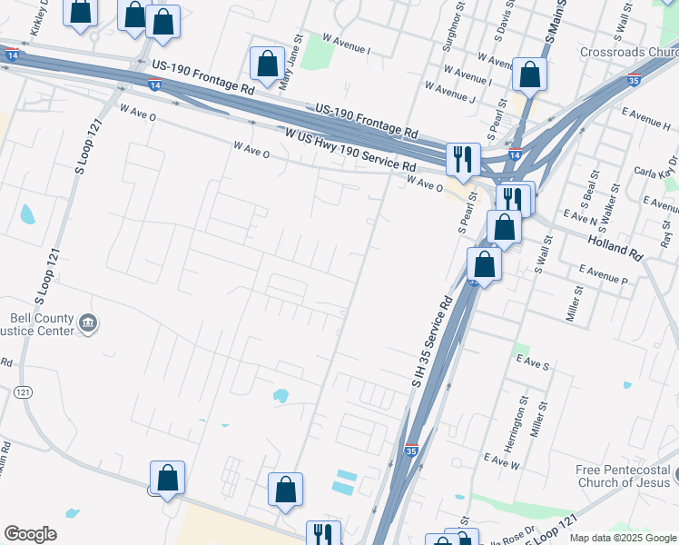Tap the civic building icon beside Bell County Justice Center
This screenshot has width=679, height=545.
coord(88,323)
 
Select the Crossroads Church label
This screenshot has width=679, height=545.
coord(629,52)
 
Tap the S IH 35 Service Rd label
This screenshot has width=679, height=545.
coord(433,343)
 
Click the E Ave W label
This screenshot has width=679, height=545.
coord(502,460)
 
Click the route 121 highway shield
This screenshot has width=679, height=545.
coord(24,391)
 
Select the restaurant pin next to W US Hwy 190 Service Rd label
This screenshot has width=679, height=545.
coord(463,159)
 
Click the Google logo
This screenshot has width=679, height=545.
coord(30,535)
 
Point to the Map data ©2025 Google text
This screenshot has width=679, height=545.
coord(622,538)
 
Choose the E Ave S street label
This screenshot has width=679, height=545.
coord(533,362)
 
